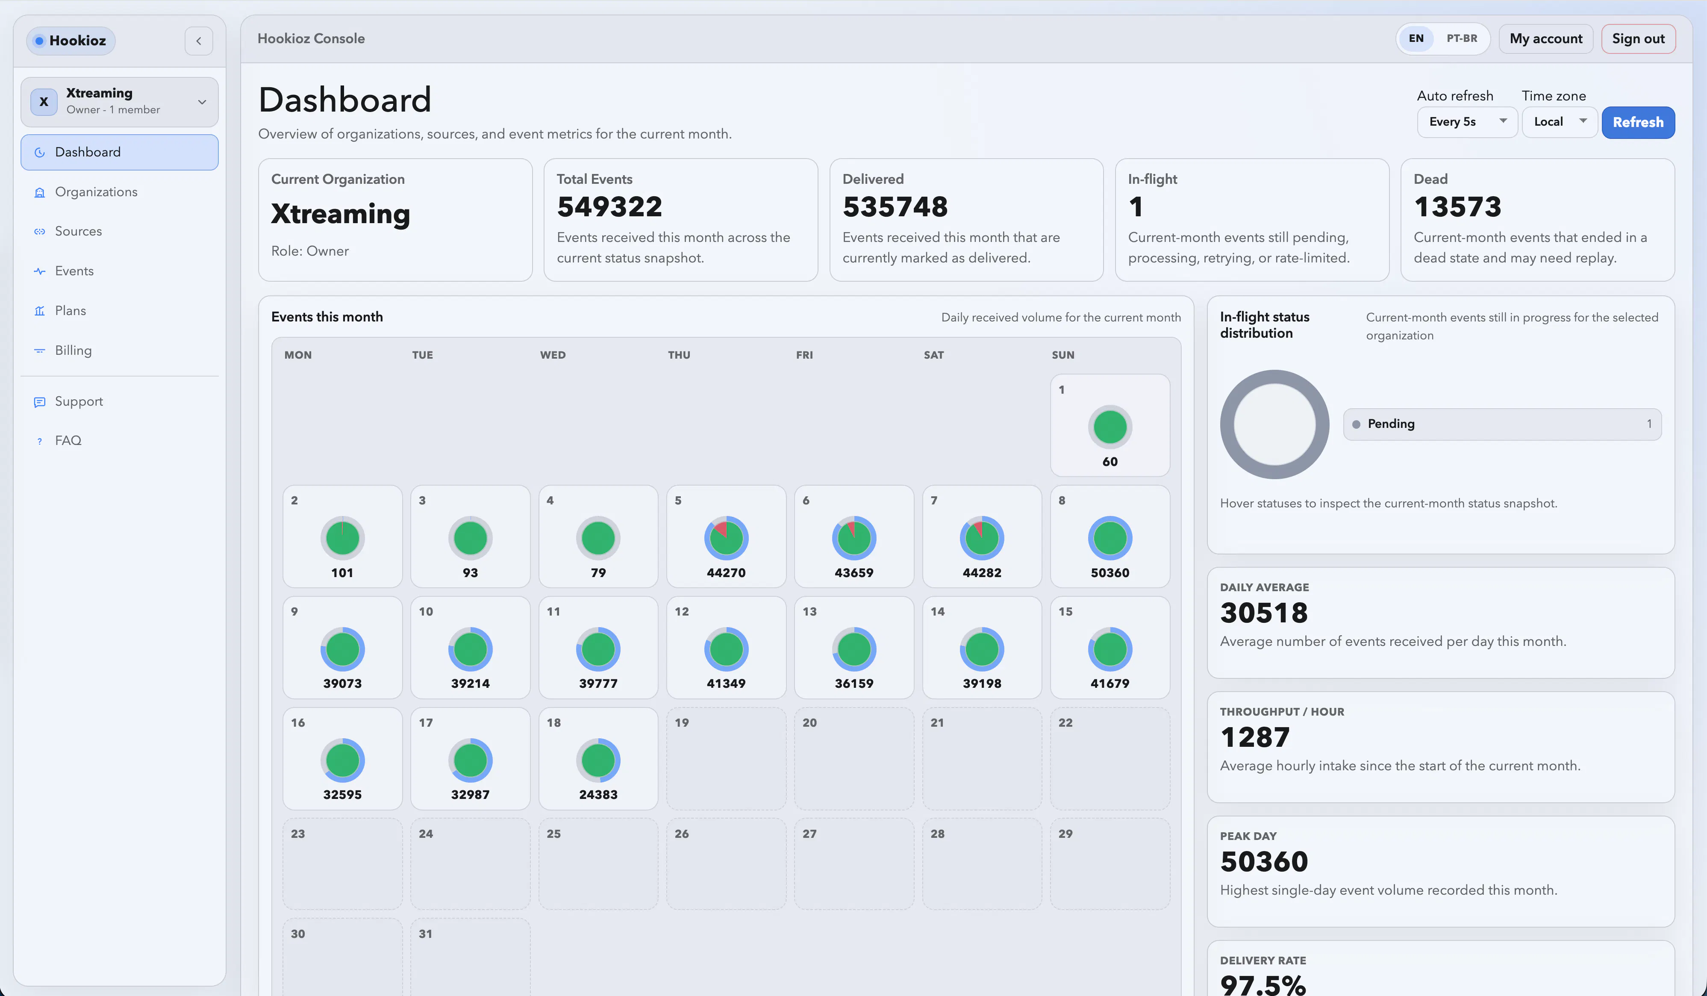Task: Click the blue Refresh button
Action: pyautogui.click(x=1638, y=122)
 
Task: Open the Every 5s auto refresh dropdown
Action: pyautogui.click(x=1466, y=122)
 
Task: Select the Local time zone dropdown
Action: pyautogui.click(x=1559, y=122)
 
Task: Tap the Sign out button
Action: pyautogui.click(x=1638, y=38)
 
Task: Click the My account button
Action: pyautogui.click(x=1546, y=38)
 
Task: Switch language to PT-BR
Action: pyautogui.click(x=1462, y=38)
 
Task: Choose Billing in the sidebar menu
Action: pyautogui.click(x=73, y=350)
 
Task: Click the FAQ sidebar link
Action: pyautogui.click(x=68, y=440)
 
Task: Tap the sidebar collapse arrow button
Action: pyautogui.click(x=198, y=41)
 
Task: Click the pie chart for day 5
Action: pyautogui.click(x=726, y=538)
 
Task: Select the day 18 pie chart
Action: pyautogui.click(x=598, y=760)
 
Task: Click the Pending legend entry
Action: pyautogui.click(x=1502, y=424)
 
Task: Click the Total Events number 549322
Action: pyautogui.click(x=609, y=206)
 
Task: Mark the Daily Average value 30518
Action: pyautogui.click(x=1263, y=613)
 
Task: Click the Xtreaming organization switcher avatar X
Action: pyautogui.click(x=43, y=102)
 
